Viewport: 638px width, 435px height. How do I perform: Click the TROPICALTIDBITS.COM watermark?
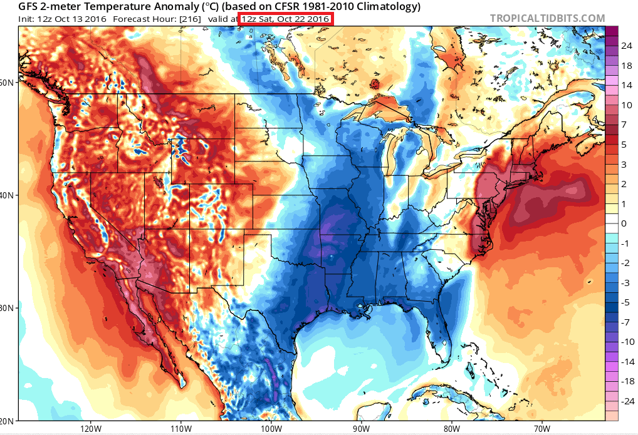(x=547, y=19)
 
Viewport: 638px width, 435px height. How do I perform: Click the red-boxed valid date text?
(x=285, y=19)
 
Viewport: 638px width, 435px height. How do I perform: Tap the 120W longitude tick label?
(x=92, y=429)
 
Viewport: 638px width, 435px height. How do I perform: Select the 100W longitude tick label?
(x=271, y=429)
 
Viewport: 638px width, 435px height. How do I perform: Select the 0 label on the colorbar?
(x=624, y=223)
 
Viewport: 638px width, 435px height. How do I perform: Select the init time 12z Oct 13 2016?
(x=73, y=19)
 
